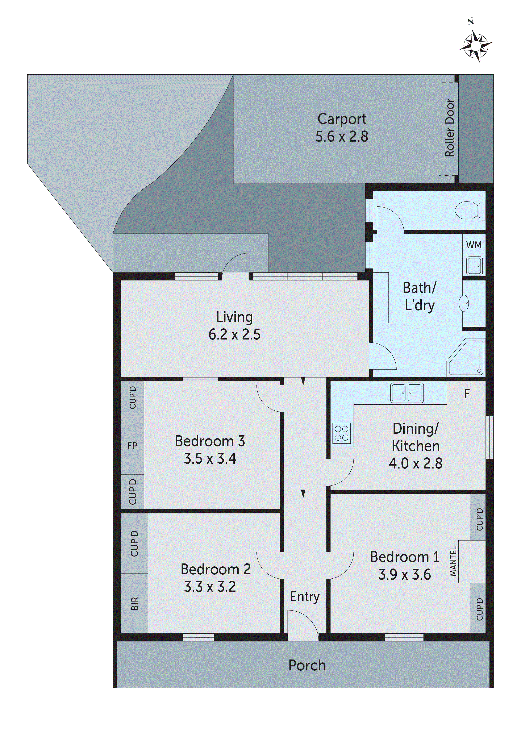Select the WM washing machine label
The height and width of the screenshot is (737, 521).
point(474,245)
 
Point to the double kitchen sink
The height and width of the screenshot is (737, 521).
point(407,393)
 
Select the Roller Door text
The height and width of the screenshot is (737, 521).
point(449,128)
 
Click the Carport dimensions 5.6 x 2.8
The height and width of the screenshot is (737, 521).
point(342,136)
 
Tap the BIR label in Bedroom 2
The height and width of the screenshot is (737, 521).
point(135,603)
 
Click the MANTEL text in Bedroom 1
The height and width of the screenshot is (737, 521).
point(453,561)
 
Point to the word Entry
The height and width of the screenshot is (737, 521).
point(305,597)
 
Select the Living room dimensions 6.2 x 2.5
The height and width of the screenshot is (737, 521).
point(234,334)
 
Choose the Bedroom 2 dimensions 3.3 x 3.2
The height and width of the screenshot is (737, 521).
point(210,587)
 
